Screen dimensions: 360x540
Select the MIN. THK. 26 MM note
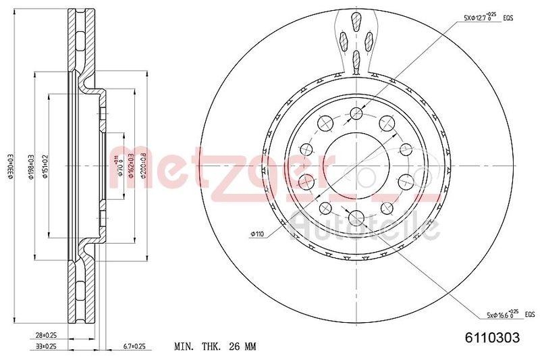click(216, 347)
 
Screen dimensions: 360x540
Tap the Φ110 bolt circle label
click(256, 234)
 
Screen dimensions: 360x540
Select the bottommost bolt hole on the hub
click(355, 216)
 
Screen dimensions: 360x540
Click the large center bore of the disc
click(355, 164)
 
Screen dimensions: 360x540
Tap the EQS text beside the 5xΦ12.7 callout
click(508, 18)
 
